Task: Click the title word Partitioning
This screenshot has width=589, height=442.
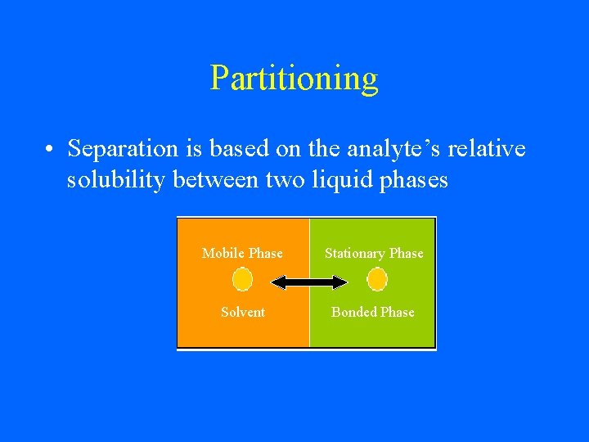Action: click(x=294, y=79)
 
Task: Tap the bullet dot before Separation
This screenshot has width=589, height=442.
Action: click(x=50, y=150)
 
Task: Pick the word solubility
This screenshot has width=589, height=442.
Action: click(x=118, y=180)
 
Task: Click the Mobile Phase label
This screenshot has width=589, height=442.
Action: click(x=242, y=254)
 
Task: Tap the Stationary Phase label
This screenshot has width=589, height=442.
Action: click(x=374, y=254)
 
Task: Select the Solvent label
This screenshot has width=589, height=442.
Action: click(x=242, y=312)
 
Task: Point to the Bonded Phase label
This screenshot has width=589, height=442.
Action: click(x=372, y=312)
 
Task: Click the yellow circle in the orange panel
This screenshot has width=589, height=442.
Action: click(x=242, y=281)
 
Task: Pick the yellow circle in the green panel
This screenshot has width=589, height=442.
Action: click(x=377, y=281)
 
